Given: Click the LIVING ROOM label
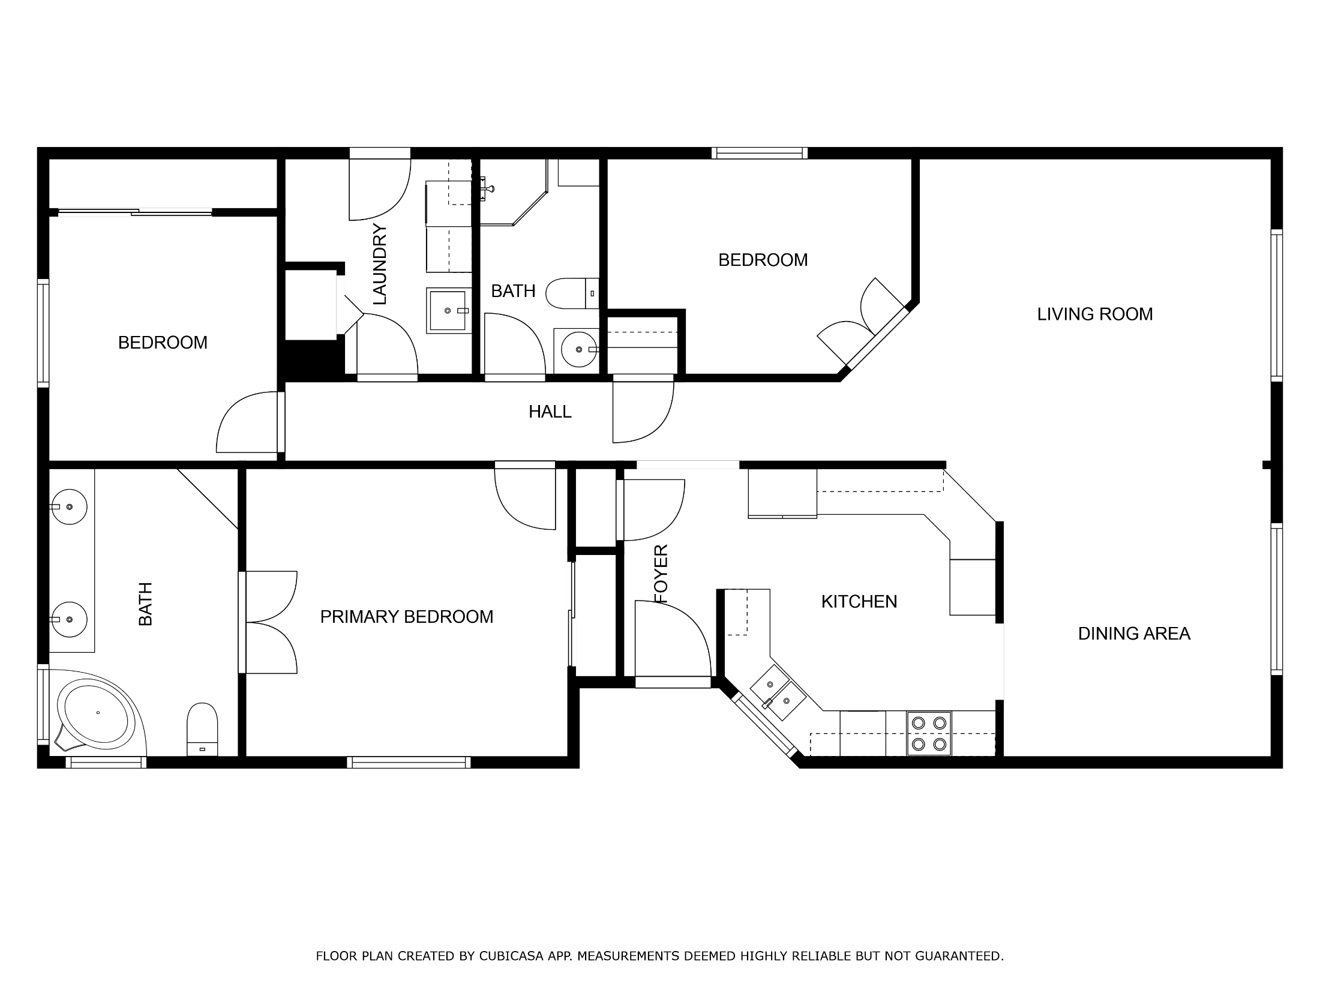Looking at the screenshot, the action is tap(1095, 314).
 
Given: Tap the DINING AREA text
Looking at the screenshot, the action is tap(1134, 634).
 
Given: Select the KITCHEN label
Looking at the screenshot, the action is tap(859, 602).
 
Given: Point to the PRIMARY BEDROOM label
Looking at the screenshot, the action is tap(407, 617).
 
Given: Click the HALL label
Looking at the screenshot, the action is tap(550, 412).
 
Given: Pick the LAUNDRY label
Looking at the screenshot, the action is tap(380, 264).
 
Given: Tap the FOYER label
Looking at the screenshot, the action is tap(661, 574).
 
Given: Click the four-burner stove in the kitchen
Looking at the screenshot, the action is tap(929, 734).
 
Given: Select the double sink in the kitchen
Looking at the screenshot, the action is tap(778, 692).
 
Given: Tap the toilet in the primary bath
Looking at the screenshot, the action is tap(202, 730).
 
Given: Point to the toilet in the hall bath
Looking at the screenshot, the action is tap(572, 293).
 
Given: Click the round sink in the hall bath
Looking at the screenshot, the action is tap(577, 349).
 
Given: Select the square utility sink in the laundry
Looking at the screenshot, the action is tap(448, 310).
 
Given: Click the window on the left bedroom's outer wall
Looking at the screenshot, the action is tap(43, 332).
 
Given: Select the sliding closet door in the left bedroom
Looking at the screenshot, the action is tap(135, 211).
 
